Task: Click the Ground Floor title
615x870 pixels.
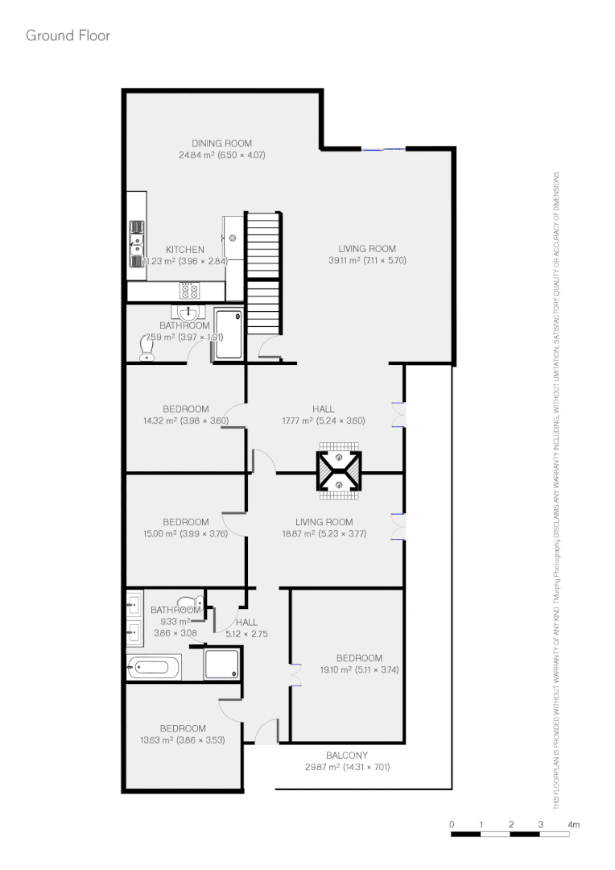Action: click(68, 35)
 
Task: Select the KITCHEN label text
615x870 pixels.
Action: click(184, 250)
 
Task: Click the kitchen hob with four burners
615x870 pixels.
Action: click(191, 291)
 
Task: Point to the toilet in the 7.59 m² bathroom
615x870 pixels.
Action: click(147, 347)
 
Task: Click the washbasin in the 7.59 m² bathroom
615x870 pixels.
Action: click(189, 312)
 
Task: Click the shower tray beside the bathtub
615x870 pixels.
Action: click(221, 665)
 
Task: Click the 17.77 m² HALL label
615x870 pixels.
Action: click(324, 409)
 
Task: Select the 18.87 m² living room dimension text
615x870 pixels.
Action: click(324, 532)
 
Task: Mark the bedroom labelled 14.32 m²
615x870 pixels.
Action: click(185, 414)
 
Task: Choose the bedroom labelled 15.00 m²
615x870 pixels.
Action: click(185, 528)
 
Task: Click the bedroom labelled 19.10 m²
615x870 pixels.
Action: click(359, 664)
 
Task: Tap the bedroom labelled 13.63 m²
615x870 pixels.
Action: click(182, 734)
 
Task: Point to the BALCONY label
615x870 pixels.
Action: click(347, 756)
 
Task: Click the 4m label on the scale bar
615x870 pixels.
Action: click(573, 825)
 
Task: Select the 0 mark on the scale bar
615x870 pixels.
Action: click(452, 825)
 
